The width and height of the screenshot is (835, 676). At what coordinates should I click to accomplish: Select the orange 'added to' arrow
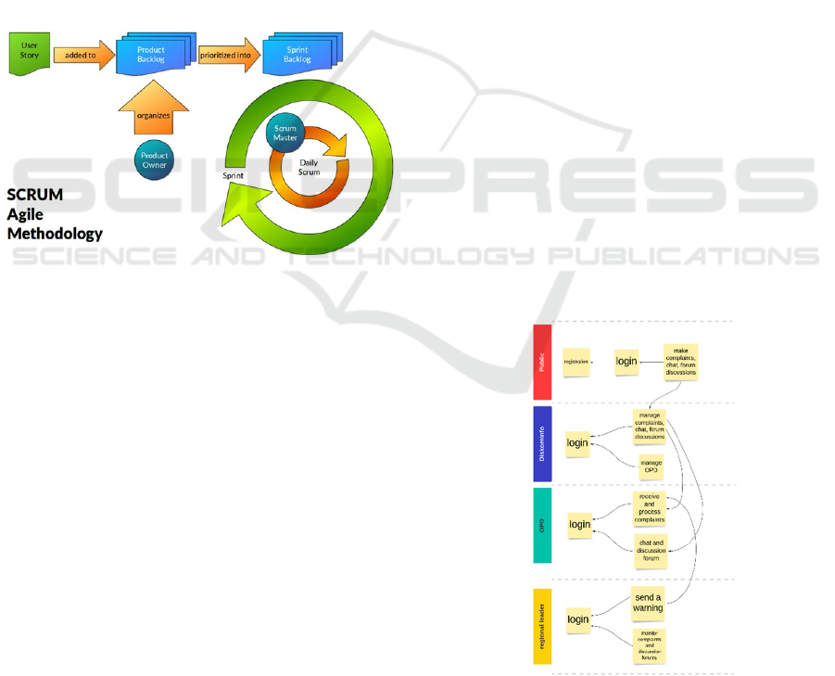click(x=81, y=56)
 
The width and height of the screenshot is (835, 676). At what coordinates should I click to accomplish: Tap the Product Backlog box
click(x=151, y=55)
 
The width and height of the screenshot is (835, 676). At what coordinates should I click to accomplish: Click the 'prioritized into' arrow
click(x=225, y=55)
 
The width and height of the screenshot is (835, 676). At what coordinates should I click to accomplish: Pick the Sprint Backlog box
click(x=297, y=55)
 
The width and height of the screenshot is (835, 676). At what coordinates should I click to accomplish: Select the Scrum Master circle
click(x=285, y=134)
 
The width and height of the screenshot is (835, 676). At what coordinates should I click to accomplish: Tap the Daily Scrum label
click(x=309, y=168)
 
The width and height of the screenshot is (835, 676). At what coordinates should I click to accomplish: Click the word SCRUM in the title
click(x=35, y=196)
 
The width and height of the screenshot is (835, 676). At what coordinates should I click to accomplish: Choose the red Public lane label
click(x=542, y=362)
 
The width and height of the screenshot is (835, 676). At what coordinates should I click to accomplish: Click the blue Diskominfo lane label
click(x=542, y=443)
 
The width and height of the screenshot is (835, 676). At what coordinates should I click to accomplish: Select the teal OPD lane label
click(x=542, y=525)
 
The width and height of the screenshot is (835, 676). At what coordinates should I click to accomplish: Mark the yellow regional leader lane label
click(x=542, y=626)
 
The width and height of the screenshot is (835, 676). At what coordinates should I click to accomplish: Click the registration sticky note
click(x=576, y=362)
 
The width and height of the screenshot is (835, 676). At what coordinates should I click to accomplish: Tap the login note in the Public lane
click(x=627, y=362)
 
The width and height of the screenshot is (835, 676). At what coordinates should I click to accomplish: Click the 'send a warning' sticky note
click(x=648, y=602)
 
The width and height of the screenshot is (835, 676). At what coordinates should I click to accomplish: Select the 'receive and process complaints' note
click(x=650, y=508)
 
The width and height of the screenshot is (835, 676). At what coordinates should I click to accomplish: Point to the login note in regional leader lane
click(x=578, y=619)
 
